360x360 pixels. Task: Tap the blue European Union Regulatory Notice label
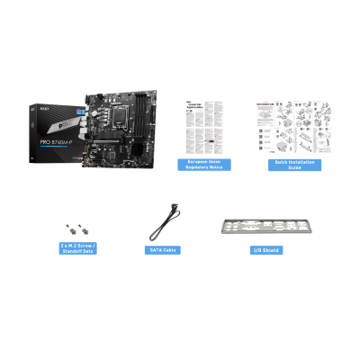coord(203,165)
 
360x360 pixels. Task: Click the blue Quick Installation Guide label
coord(288,165)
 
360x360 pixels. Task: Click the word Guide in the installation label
coord(288,168)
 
